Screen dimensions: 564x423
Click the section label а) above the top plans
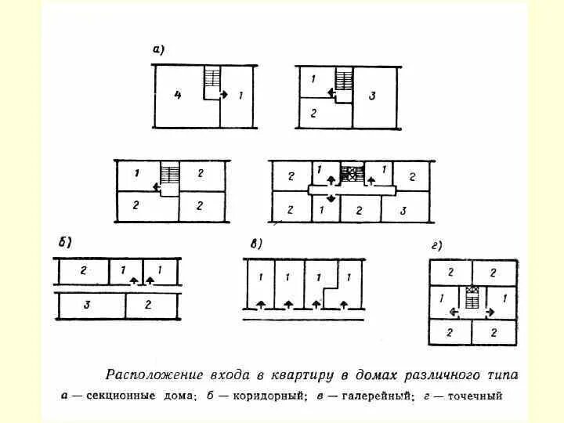pos(157,50)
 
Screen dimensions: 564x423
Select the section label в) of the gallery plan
pos(255,244)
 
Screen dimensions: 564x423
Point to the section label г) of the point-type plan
pos(436,245)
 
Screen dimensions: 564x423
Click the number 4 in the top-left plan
pos(179,96)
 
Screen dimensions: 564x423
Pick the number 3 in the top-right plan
pos(373,96)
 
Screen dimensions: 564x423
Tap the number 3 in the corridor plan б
pos(86,304)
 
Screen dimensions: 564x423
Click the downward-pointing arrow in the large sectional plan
pos(331,199)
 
